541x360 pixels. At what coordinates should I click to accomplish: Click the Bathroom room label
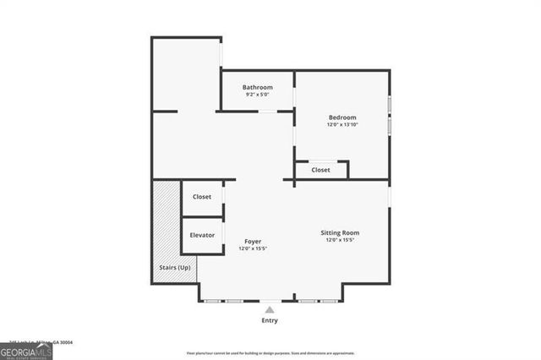coord(257,87)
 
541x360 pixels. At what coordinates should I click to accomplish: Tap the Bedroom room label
coord(342,117)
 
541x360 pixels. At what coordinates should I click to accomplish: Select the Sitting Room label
coord(340,232)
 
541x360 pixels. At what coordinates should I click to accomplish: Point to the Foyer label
coord(253,241)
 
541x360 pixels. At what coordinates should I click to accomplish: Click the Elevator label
coord(202,235)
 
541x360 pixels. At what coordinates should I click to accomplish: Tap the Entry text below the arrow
coord(270,321)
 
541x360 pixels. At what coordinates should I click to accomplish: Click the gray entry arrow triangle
coord(270,310)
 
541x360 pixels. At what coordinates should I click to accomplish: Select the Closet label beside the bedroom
coord(320,170)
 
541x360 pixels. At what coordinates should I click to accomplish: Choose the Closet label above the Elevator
coord(202,196)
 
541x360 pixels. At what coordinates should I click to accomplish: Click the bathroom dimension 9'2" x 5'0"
coord(257,95)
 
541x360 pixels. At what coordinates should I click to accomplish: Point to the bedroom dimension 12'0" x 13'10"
coord(342,125)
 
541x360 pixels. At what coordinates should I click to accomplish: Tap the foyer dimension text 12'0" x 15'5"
coord(253,248)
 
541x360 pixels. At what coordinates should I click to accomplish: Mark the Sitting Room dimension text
coord(340,240)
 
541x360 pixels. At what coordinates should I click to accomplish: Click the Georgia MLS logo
coord(26,351)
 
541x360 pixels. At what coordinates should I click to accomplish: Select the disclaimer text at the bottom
coord(270,353)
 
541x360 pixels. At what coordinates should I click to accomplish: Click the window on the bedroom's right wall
coord(389,114)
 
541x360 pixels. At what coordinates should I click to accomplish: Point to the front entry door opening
coord(270,301)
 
